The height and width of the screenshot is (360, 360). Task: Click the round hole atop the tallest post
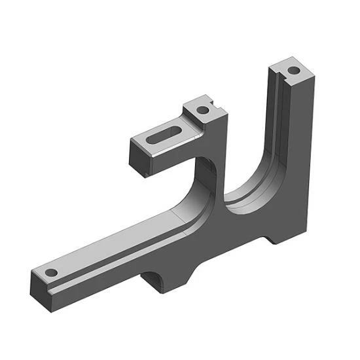click(294, 68)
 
